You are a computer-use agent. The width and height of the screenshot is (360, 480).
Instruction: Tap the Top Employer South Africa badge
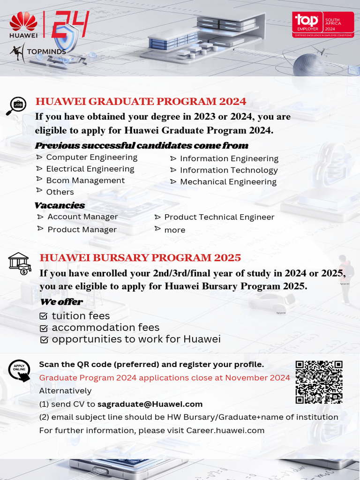(x=323, y=25)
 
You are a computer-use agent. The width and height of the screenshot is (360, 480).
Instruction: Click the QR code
(x=319, y=382)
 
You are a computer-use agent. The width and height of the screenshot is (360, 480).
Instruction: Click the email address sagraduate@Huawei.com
(x=150, y=404)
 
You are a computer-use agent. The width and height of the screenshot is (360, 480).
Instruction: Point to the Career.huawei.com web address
(x=225, y=430)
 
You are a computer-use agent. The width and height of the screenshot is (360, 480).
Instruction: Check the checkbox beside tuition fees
(x=44, y=316)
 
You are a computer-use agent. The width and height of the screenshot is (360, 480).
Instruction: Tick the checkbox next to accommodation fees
(x=44, y=328)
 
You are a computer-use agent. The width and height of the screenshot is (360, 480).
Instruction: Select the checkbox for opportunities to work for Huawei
(x=44, y=340)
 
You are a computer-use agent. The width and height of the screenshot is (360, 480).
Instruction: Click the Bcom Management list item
(x=85, y=180)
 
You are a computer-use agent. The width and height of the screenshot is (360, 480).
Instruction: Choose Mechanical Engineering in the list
(x=228, y=182)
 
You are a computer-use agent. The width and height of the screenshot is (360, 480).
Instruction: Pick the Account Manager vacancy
(x=82, y=217)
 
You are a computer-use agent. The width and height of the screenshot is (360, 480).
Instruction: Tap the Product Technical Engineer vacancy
(x=219, y=217)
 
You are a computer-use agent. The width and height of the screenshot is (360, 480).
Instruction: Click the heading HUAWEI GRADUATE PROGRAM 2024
(x=141, y=102)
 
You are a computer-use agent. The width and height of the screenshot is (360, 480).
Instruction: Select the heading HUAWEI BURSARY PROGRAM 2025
(x=140, y=258)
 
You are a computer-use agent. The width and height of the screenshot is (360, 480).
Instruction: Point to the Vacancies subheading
(x=60, y=205)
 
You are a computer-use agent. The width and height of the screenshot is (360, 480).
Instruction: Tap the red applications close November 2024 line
(x=165, y=378)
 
